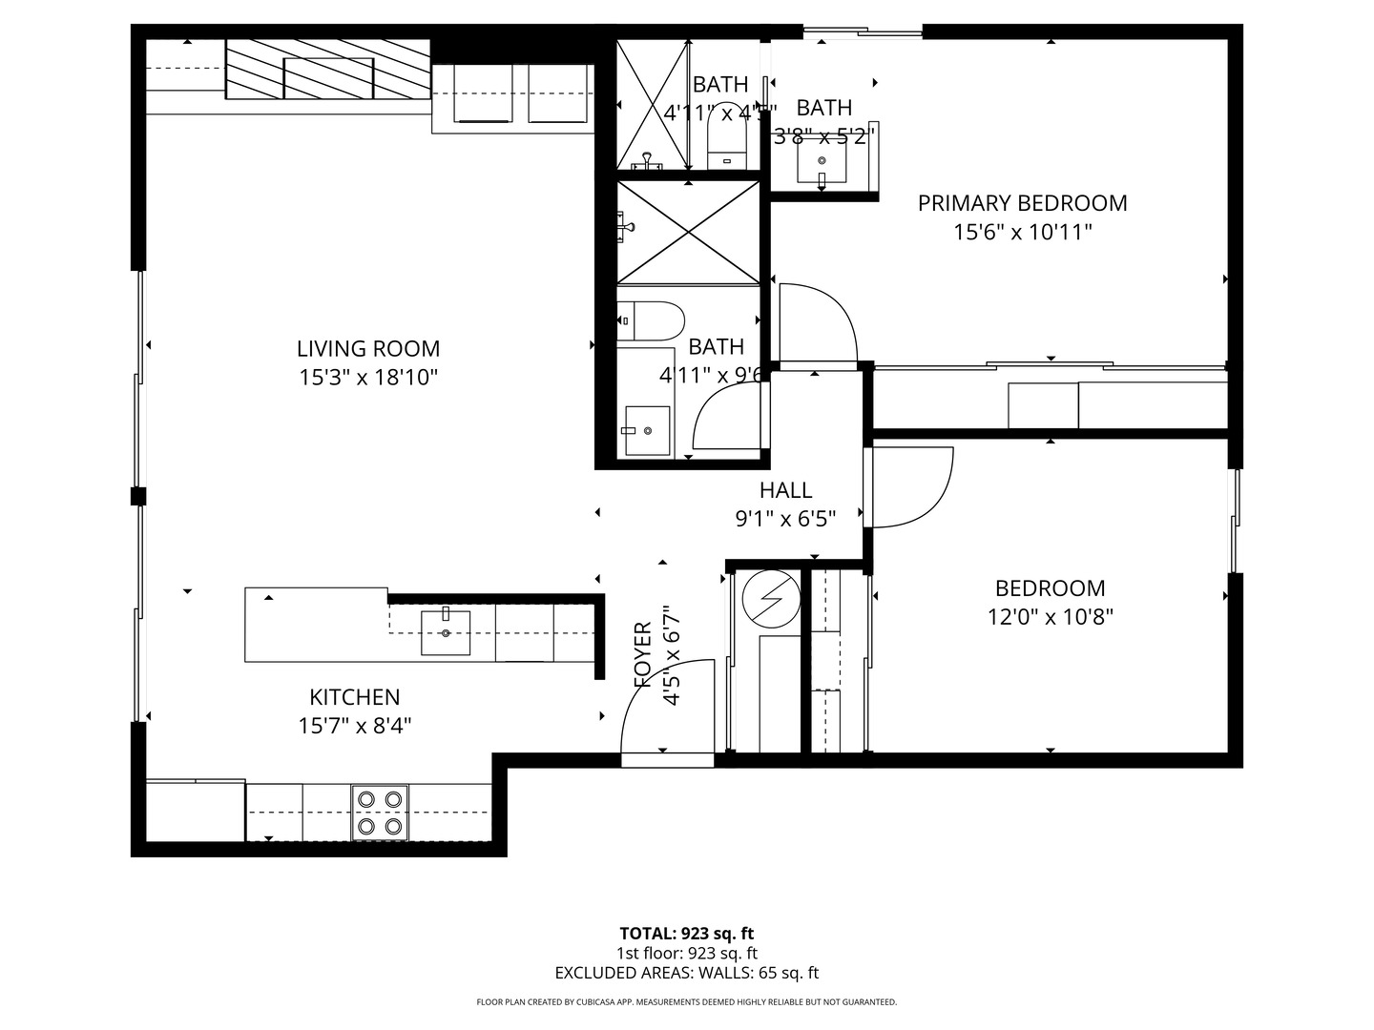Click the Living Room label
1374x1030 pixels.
coord(368,349)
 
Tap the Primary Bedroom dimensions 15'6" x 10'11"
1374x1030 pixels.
coord(1022,232)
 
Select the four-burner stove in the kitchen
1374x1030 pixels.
coord(380,813)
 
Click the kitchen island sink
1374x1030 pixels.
coord(446,632)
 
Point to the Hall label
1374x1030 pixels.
coord(785,490)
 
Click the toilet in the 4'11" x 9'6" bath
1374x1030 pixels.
coord(652,321)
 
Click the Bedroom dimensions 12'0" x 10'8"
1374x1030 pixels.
coord(1050,617)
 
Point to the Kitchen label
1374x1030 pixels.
coord(354,697)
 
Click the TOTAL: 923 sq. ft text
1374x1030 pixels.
coord(686,934)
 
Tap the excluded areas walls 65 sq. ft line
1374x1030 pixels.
coord(686,973)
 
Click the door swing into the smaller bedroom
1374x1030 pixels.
coord(911,486)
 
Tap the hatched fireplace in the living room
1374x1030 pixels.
coord(328,70)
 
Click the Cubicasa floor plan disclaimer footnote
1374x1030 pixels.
coord(686,1002)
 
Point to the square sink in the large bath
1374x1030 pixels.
coord(647,431)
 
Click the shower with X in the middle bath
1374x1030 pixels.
coord(688,232)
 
